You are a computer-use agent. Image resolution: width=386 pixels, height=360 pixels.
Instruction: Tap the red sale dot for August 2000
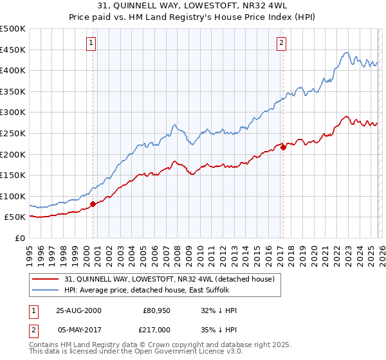(x=93, y=204)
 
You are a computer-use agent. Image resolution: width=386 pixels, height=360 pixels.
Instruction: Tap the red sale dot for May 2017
(x=283, y=147)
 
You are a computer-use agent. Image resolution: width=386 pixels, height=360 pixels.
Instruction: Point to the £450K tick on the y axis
(x=13, y=50)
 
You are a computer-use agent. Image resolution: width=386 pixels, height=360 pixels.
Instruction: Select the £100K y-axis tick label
(x=13, y=196)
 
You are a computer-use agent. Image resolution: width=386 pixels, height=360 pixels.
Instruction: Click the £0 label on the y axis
(x=19, y=238)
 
